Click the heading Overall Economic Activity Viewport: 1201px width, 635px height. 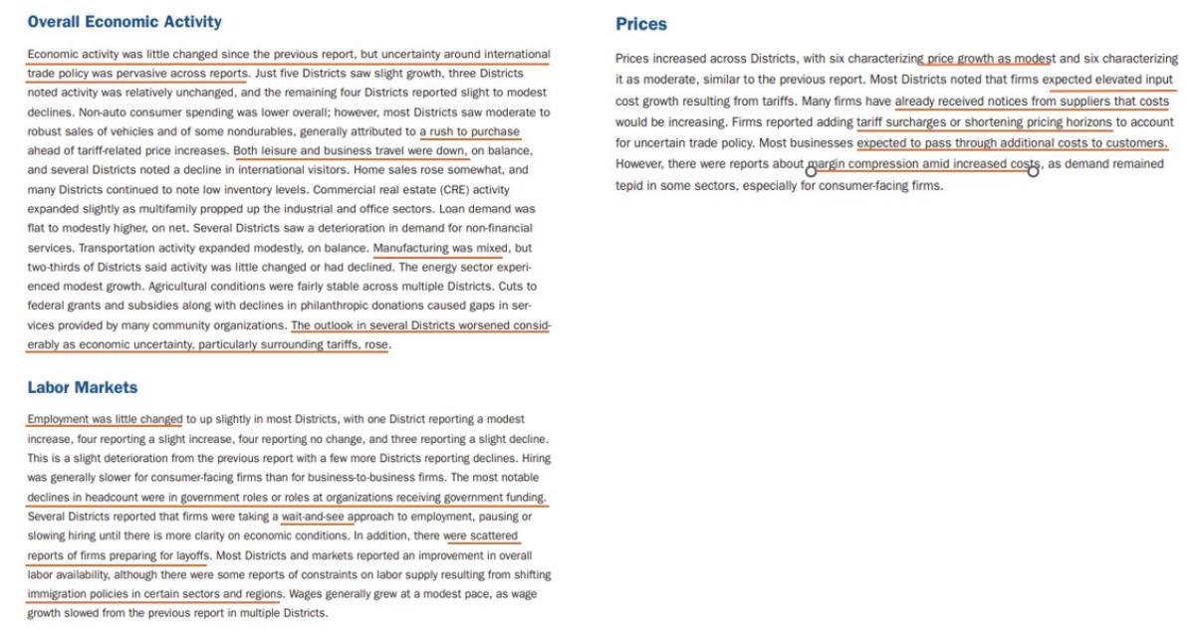[x=124, y=22]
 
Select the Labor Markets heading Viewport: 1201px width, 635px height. [x=83, y=387]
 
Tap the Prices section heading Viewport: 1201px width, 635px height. [x=641, y=24]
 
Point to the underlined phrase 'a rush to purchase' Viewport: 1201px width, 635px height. [x=469, y=131]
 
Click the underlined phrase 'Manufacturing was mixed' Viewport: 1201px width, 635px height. [x=440, y=248]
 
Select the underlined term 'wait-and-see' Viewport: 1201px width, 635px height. [x=317, y=517]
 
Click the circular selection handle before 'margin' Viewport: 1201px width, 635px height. [x=811, y=171]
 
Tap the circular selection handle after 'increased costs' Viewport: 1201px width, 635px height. [x=1033, y=171]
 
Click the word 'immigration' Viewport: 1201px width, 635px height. [x=59, y=594]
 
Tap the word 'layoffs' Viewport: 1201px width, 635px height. [x=190, y=555]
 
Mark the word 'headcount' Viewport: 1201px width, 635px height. [x=108, y=498]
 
